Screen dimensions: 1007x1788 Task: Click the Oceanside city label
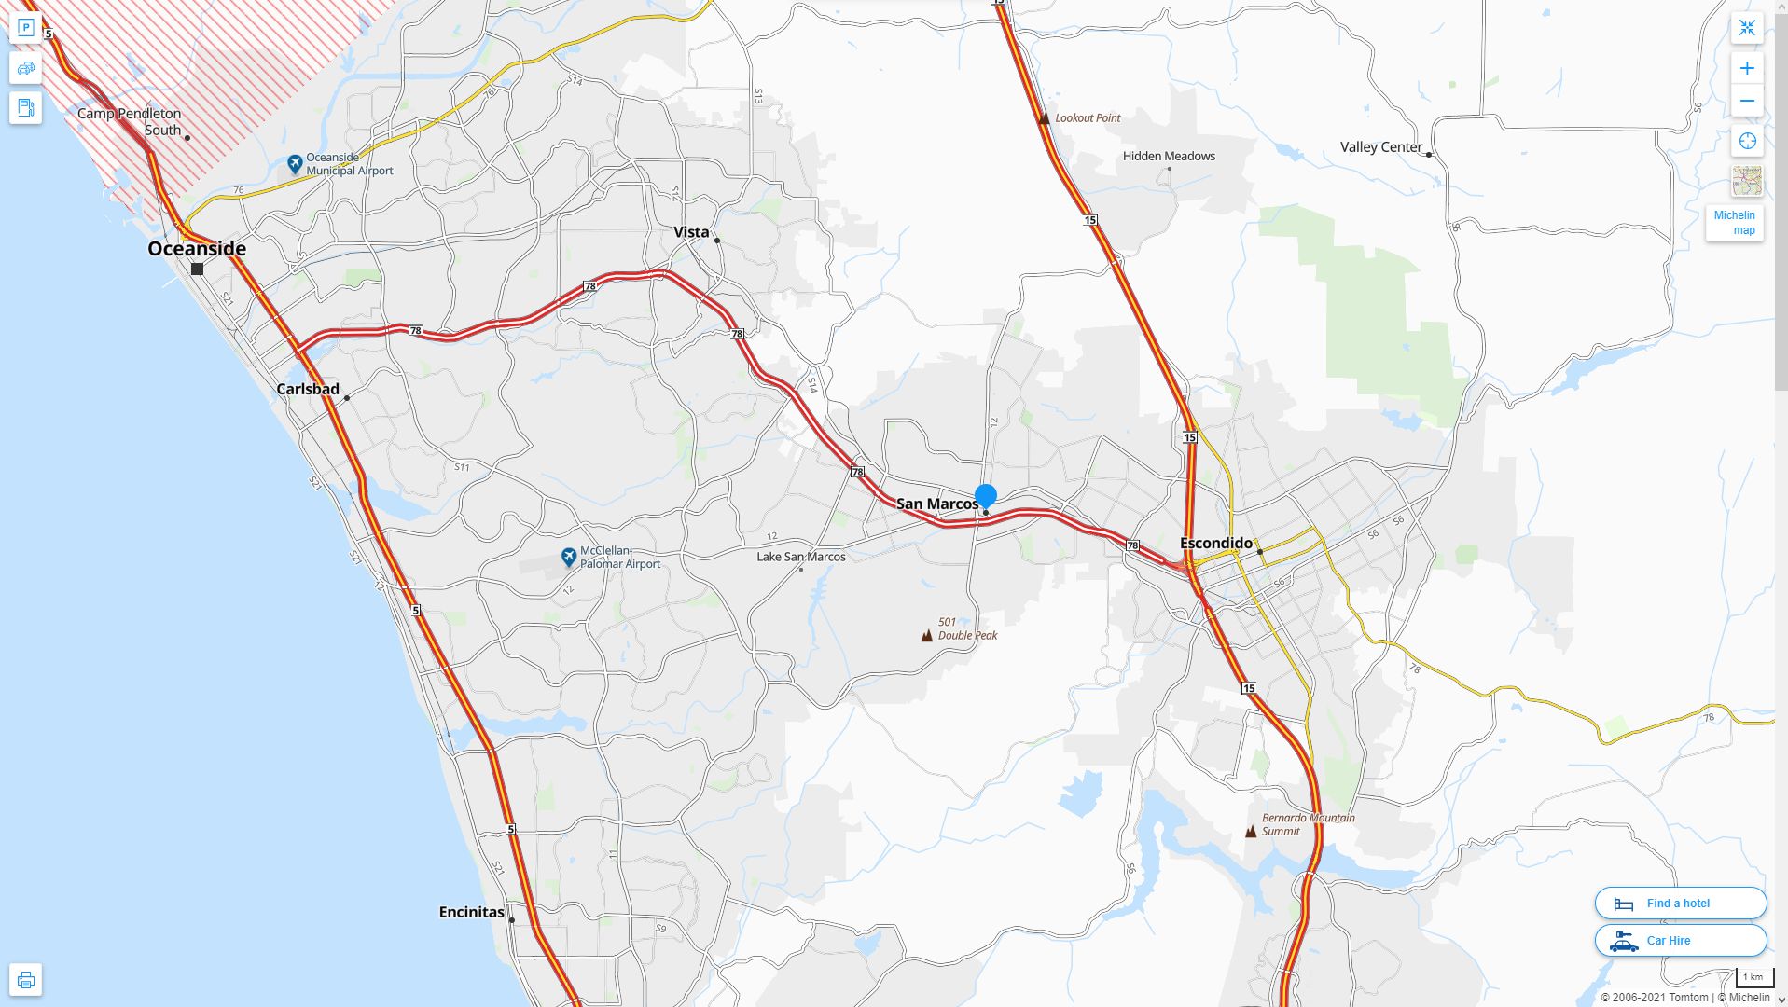(197, 248)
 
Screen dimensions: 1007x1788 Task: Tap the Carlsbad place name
(308, 389)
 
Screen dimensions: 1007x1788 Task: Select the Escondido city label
(1215, 543)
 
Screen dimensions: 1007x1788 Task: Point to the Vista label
(691, 232)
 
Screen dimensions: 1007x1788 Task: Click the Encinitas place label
(471, 912)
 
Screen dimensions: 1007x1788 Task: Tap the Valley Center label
(1380, 147)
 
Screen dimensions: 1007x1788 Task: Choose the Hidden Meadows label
(1169, 156)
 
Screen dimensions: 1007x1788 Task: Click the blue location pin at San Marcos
(985, 495)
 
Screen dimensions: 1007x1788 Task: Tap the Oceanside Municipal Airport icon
(295, 164)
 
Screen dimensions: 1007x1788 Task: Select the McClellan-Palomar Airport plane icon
(569, 557)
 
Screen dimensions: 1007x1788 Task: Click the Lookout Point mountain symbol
(1044, 118)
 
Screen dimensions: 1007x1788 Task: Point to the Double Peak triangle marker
(926, 636)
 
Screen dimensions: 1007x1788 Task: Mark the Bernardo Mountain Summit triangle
(1251, 832)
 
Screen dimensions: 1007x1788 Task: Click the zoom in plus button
(1747, 68)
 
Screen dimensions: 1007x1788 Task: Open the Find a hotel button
(1680, 903)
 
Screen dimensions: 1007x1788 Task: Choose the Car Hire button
(1680, 940)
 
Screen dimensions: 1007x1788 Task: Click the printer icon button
(26, 980)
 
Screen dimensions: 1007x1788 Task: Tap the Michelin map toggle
(1734, 223)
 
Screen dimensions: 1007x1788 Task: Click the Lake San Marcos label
(800, 557)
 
